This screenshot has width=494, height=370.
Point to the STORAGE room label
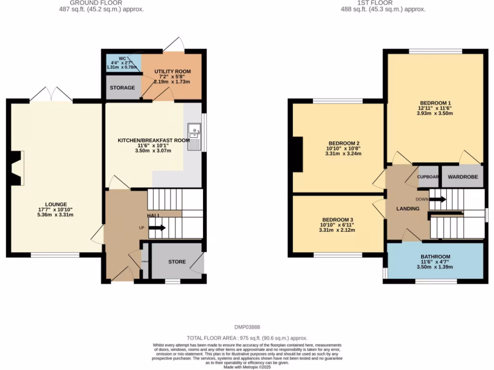122,88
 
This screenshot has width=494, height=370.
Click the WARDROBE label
463,177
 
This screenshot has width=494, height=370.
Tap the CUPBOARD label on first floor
428,177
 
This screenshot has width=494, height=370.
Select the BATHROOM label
435,256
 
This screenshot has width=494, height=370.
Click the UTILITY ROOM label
172,72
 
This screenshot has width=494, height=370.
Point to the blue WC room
123,63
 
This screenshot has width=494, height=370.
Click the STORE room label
177,262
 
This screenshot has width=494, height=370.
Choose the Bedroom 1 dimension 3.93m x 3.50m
435,114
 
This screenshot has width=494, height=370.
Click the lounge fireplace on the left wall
16,168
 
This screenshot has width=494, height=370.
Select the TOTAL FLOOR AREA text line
247,338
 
